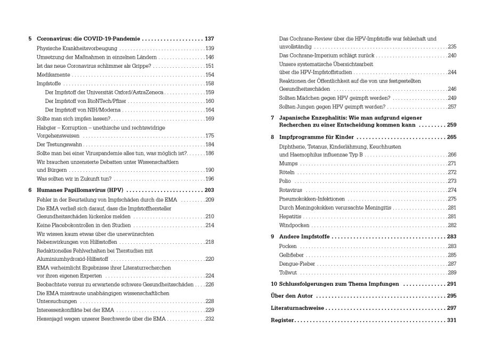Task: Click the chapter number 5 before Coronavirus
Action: click(30, 39)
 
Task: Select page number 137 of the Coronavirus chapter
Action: click(209, 39)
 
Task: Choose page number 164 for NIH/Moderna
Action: click(209, 110)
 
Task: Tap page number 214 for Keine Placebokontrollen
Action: click(209, 225)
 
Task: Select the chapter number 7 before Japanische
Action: click(272, 117)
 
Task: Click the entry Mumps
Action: click(288, 163)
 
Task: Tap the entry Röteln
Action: click(287, 172)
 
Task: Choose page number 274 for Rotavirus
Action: click(452, 190)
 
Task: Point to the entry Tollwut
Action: click(288, 273)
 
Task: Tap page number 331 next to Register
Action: click(451, 321)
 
